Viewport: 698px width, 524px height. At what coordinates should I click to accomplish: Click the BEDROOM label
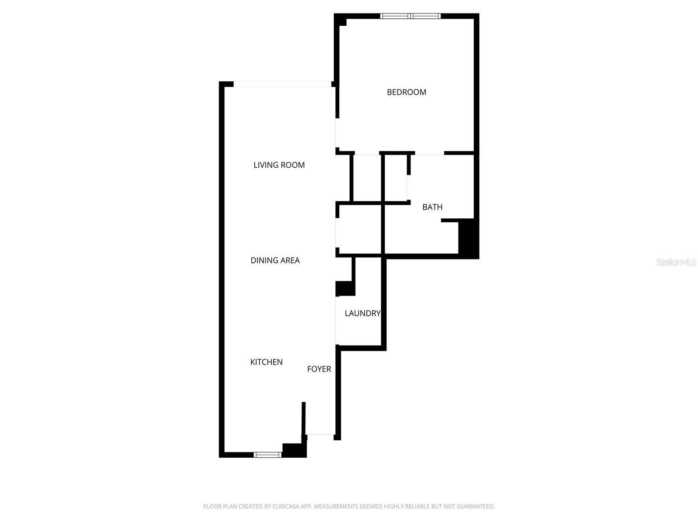pos(406,92)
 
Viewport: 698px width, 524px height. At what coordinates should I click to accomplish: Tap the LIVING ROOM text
pos(279,165)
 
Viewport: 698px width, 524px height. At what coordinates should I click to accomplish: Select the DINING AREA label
pos(275,260)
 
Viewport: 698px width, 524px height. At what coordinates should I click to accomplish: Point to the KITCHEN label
pos(266,362)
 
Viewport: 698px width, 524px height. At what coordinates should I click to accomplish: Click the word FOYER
pos(319,369)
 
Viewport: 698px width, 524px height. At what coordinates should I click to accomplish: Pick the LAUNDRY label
pos(362,313)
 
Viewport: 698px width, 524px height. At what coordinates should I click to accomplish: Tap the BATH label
pos(432,207)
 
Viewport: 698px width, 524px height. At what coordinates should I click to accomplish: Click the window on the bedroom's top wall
pos(410,16)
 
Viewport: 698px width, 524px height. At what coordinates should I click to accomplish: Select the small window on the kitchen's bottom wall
pos(268,455)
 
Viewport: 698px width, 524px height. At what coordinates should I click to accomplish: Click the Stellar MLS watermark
pos(676,262)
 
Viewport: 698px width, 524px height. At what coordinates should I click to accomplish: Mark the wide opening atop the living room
pos(282,84)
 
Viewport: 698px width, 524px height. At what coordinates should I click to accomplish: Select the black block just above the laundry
pos(345,288)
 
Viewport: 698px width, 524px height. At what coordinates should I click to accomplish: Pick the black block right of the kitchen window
pos(294,450)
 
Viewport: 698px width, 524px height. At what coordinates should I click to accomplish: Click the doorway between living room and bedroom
pos(337,133)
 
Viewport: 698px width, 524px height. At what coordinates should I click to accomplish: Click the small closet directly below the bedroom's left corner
pos(366,178)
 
